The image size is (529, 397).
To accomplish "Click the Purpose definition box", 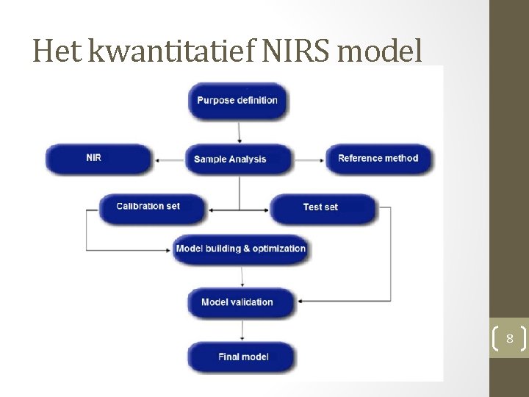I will [237, 100].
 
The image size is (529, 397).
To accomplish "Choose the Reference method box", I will [379, 158].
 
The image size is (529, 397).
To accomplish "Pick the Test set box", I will [322, 207].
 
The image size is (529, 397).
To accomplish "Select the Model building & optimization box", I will [241, 248].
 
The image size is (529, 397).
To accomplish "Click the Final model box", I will [242, 357].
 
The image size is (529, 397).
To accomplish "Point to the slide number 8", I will [508, 339].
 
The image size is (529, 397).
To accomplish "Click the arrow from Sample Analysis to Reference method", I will [309, 159].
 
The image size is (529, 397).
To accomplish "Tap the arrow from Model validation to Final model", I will [241, 329].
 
